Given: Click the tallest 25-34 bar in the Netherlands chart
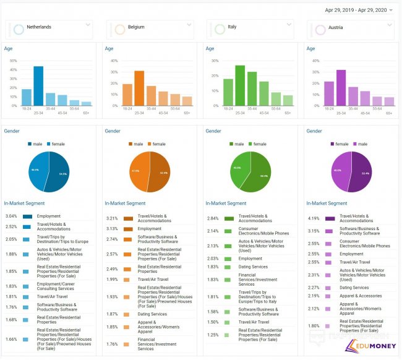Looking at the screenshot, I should coord(38,86).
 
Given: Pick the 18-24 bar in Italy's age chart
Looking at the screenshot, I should coord(228,92).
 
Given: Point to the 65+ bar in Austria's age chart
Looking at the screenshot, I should coord(389,101).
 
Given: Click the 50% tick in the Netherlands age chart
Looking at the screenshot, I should coord(12,61).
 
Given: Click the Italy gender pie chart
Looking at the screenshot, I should coord(250,171).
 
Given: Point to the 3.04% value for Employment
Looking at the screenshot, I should coord(11,216).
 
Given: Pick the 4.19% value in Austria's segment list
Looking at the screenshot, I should coord(314,218).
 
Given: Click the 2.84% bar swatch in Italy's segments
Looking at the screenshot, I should coord(229,218).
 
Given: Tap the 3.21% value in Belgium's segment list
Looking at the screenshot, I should coord(112,218).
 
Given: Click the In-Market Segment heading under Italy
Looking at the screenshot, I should coord(226,203).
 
